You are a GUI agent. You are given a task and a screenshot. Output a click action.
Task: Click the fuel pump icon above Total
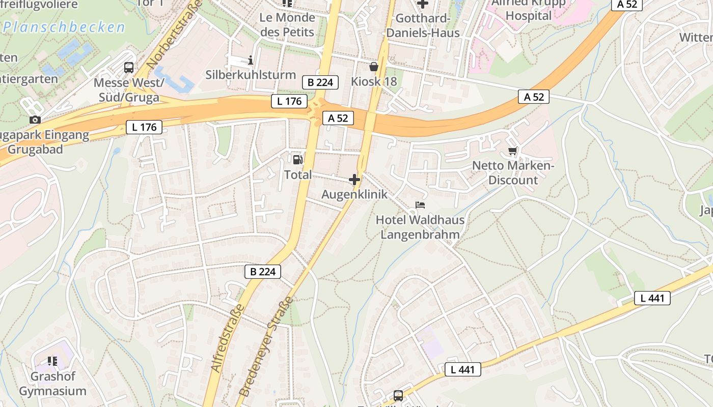(297, 159)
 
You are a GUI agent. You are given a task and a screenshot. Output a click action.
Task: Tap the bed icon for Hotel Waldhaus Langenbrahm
(420, 205)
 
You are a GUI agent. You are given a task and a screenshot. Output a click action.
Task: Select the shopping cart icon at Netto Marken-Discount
(513, 151)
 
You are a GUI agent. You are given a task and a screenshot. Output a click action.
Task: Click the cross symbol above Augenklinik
(354, 180)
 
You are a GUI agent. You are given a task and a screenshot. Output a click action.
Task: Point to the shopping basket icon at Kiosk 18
(374, 67)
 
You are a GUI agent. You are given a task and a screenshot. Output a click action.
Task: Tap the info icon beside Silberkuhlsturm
(250, 61)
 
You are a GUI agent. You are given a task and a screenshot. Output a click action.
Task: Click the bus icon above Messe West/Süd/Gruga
(129, 68)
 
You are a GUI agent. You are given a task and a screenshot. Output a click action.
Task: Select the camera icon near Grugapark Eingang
(35, 120)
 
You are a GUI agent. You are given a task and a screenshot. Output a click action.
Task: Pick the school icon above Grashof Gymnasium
(52, 361)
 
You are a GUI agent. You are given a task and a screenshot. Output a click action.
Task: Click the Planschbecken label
(64, 27)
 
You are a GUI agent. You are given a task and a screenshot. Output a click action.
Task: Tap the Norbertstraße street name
(174, 35)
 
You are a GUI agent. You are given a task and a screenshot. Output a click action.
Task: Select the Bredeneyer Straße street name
(266, 346)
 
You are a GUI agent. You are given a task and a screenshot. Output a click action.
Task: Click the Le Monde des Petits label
(287, 24)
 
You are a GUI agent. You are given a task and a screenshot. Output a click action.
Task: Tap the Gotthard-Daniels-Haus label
(423, 25)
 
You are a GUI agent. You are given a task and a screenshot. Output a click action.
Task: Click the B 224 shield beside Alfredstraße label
(263, 272)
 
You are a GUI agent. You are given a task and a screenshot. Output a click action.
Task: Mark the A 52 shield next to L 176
(338, 118)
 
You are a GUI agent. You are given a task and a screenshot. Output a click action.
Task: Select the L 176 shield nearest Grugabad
(144, 127)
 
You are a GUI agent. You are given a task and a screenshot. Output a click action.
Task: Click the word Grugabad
(35, 150)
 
